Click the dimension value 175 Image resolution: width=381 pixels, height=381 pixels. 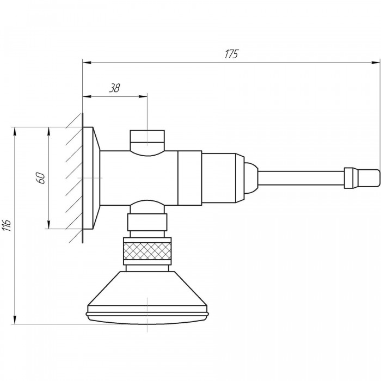[x=231, y=54]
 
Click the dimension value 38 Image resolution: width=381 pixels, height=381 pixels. [x=114, y=88]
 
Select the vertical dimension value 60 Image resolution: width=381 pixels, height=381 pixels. [x=41, y=178]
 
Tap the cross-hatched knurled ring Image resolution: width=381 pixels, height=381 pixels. [x=148, y=251]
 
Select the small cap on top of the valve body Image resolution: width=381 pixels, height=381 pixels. [x=148, y=140]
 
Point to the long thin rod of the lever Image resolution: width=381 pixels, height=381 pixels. [x=301, y=179]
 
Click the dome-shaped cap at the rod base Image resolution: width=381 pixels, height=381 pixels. [x=251, y=179]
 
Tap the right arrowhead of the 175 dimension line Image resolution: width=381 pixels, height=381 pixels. [x=376, y=63]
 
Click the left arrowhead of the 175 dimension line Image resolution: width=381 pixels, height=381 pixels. [x=87, y=63]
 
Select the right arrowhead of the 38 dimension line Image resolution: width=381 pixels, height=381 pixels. [x=143, y=96]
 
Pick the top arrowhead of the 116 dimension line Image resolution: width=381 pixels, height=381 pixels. [x=15, y=132]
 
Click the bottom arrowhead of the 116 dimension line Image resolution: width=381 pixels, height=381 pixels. [x=15, y=319]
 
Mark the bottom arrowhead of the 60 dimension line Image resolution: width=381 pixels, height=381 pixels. [x=49, y=224]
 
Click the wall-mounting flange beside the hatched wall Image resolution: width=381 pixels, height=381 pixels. [x=91, y=178]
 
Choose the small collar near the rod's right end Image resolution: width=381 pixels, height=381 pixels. [x=349, y=178]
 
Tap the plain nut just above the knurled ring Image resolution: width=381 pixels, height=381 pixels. [x=148, y=222]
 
